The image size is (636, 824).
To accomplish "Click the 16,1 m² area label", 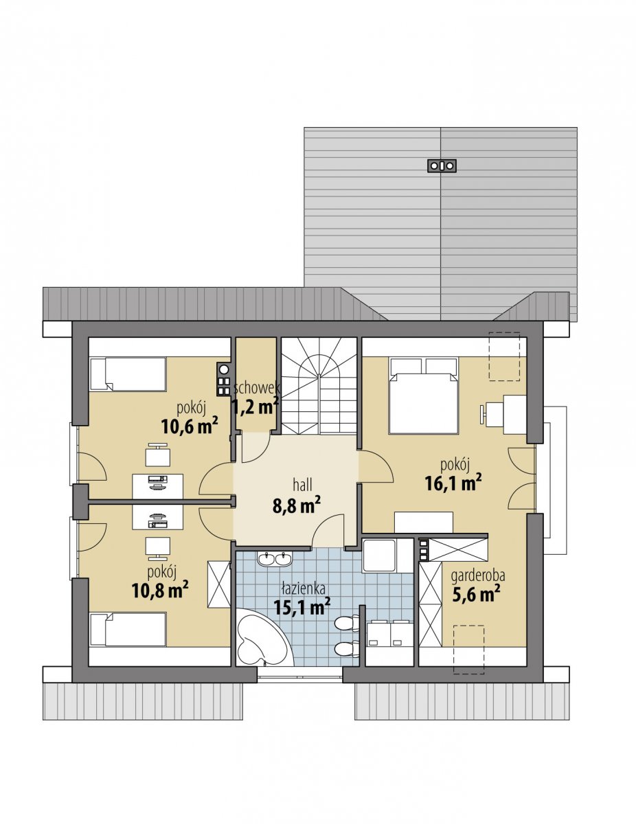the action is tap(453, 484).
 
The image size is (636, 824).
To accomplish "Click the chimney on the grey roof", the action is tap(442, 165).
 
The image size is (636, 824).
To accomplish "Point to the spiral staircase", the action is tap(319, 386).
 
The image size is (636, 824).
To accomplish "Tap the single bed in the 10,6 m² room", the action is tap(128, 374).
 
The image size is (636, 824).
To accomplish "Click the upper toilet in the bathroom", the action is tap(348, 623).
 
